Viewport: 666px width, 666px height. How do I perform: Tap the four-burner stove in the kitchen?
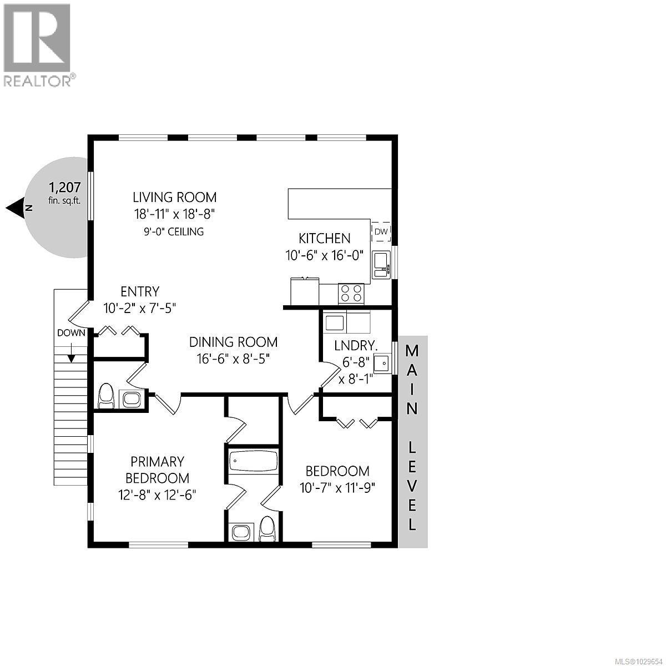pyautogui.click(x=351, y=292)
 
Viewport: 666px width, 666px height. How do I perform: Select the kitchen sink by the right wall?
pyautogui.click(x=381, y=264)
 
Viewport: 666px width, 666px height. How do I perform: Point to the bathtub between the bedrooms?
pyautogui.click(x=253, y=462)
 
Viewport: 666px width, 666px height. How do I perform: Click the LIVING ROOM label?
pyautogui.click(x=174, y=197)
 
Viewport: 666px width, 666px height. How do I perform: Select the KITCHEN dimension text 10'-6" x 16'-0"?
pyautogui.click(x=325, y=255)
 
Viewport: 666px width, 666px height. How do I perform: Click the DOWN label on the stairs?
pyautogui.click(x=71, y=333)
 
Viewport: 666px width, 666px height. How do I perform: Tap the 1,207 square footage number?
pyautogui.click(x=65, y=187)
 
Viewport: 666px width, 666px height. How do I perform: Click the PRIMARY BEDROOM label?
pyautogui.click(x=157, y=470)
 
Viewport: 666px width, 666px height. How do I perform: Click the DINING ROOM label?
pyautogui.click(x=233, y=342)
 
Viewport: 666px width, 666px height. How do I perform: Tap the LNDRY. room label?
pyautogui.click(x=356, y=345)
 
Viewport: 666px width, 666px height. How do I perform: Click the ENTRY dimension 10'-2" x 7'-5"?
pyautogui.click(x=140, y=308)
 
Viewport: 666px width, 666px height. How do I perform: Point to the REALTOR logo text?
pyautogui.click(x=38, y=81)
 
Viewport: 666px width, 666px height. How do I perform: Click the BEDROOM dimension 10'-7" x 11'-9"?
pyautogui.click(x=337, y=488)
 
